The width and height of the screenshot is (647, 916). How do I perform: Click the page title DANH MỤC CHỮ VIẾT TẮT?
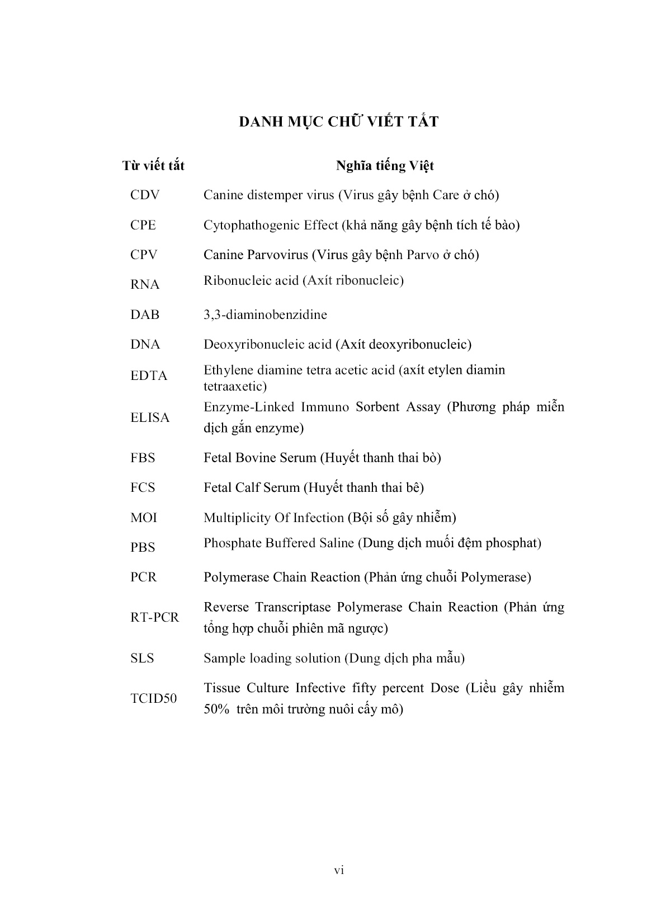pos(338,121)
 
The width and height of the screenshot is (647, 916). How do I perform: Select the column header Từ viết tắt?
pos(153,166)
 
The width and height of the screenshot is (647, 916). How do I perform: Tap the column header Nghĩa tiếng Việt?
pos(385,166)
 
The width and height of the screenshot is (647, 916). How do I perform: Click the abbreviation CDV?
pos(145,195)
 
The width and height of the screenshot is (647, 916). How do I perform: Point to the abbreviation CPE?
pos(143,225)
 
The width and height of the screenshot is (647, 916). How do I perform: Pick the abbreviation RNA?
pos(145,285)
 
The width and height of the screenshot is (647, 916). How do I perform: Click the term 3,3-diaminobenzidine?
pos(265,314)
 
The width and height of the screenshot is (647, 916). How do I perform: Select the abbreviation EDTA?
pos(149,376)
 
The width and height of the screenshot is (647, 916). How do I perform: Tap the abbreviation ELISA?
pos(150,418)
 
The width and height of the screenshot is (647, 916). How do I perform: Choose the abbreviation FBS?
pos(143,458)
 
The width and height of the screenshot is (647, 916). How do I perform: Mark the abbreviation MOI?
pos(144,518)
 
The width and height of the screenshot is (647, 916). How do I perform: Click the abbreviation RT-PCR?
pos(154,618)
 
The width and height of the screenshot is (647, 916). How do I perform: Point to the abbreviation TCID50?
pos(153,699)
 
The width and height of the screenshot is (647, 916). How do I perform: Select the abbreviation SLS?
pos(142,659)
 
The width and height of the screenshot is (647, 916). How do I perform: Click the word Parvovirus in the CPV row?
pos(277,255)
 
